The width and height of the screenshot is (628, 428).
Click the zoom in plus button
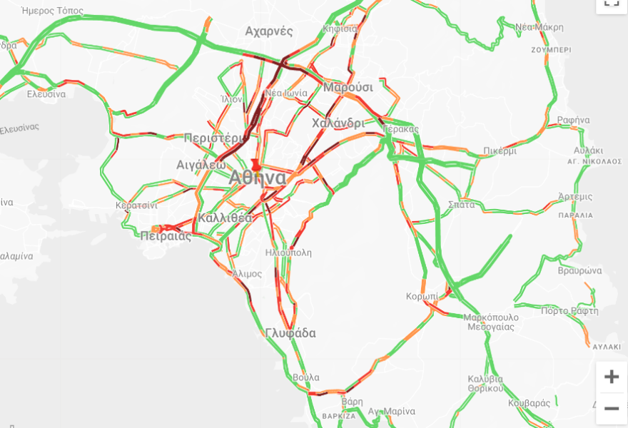611,377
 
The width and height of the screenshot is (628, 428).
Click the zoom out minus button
611,409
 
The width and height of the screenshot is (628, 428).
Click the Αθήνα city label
258,178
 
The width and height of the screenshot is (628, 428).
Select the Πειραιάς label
166,236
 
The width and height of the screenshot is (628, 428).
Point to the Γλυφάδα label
290,333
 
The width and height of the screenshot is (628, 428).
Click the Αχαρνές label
269,31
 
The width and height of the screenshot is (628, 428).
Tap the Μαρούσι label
348,87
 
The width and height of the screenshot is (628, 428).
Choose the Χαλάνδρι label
338,123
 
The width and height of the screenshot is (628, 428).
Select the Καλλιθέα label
226,218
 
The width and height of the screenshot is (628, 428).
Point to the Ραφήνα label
573,120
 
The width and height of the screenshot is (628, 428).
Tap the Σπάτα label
462,205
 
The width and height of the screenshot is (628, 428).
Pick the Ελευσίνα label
46,94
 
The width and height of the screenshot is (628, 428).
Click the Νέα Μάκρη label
540,27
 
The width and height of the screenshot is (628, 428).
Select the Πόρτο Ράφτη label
569,311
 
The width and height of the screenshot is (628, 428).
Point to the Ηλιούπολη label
288,253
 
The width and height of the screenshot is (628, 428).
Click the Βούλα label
305,377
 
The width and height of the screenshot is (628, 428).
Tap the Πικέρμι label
499,151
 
